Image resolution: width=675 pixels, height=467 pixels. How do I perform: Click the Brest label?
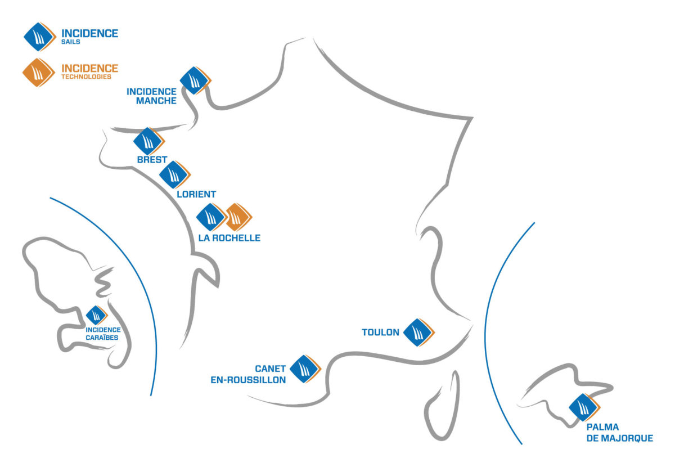152,160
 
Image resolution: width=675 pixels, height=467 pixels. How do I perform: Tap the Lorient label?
196,194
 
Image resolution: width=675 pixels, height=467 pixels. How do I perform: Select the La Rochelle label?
229,238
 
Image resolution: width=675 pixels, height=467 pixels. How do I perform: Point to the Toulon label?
380,333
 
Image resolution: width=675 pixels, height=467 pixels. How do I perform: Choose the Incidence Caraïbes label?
103,334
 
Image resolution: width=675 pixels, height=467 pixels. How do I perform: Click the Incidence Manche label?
151,96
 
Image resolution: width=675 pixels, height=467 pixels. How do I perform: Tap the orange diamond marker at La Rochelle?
238,217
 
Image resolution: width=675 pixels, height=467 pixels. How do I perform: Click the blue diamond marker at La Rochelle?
211,217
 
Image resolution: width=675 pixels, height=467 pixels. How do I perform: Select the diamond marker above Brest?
148,141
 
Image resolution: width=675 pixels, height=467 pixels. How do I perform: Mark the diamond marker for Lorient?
174,174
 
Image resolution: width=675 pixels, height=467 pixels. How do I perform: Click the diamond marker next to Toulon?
418,332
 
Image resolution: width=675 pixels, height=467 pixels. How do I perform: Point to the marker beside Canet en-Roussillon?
304,369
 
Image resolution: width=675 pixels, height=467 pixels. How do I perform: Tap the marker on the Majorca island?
583,407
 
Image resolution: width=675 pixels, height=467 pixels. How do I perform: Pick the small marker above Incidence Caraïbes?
96,316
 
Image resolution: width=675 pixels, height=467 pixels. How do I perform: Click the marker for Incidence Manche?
195,80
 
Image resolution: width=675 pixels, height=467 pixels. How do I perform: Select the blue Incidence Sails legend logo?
39,37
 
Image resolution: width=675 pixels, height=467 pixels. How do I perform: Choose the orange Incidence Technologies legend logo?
38,73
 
